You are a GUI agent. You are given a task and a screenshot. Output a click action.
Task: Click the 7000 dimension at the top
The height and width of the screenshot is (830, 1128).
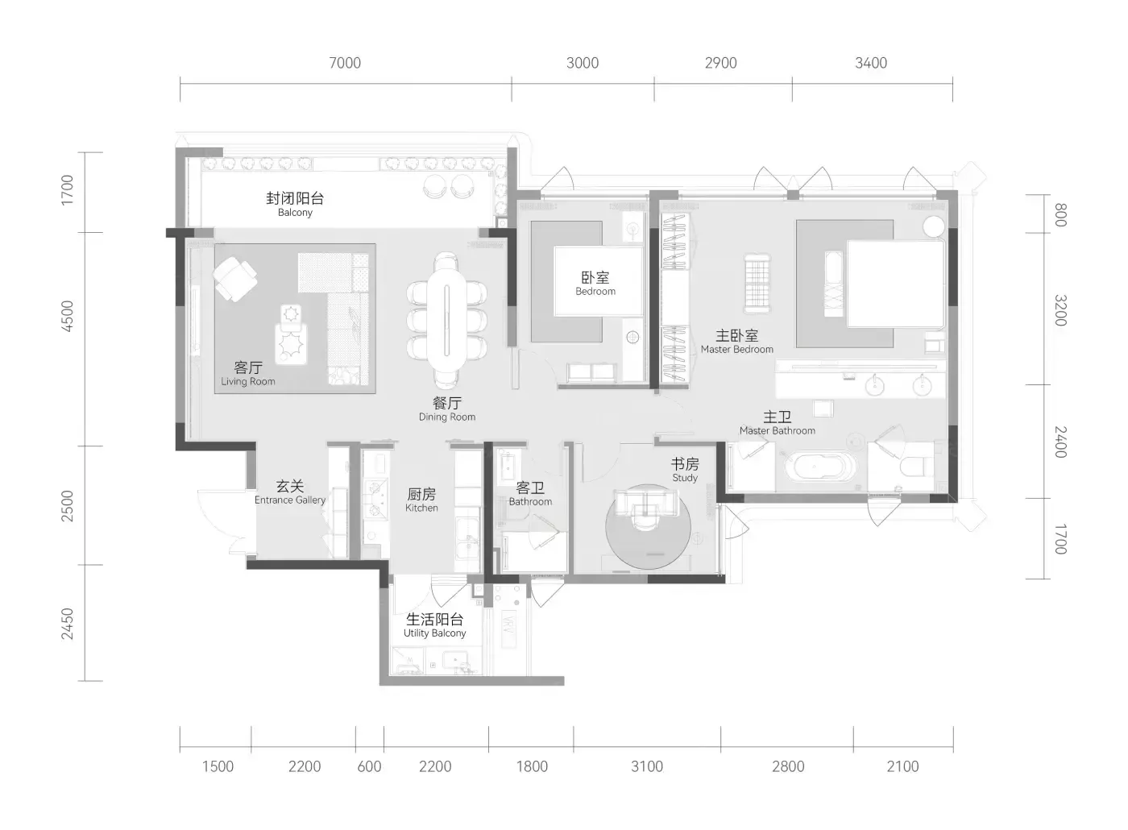click(345, 63)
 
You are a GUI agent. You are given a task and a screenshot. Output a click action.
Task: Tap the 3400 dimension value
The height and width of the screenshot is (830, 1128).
click(871, 63)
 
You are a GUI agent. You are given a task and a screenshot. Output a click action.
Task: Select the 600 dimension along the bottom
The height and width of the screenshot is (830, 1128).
click(369, 766)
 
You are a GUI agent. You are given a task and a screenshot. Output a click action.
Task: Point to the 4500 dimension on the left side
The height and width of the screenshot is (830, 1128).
click(67, 316)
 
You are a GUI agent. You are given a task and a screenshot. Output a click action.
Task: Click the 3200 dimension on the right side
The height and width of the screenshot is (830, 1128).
click(1060, 310)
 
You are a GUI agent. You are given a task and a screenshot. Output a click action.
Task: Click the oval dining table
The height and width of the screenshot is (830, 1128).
click(446, 321)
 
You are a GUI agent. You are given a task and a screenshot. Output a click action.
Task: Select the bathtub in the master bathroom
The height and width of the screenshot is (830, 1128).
click(821, 466)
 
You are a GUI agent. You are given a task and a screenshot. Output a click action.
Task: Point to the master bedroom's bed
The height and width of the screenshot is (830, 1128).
click(895, 284)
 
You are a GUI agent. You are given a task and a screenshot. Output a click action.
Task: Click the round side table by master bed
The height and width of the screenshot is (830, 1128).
click(934, 226)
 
